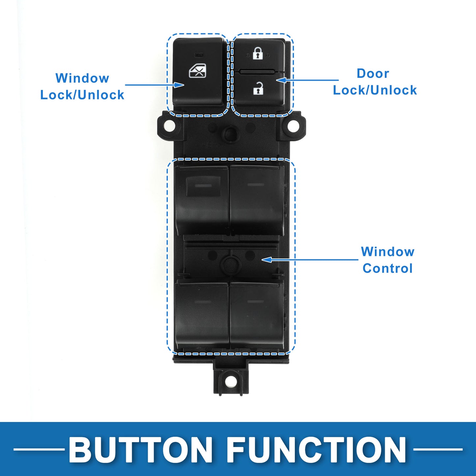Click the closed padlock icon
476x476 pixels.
258,53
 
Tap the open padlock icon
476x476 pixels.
258,88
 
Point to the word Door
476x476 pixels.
373,73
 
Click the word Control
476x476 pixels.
387,268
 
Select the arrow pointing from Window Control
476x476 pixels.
310,260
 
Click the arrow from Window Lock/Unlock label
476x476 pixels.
154,85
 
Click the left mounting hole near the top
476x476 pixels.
170,126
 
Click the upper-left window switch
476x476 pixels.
202,200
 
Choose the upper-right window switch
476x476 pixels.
257,200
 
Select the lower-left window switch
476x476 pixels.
202,316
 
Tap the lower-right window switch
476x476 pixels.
257,316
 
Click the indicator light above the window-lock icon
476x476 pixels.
198,54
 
